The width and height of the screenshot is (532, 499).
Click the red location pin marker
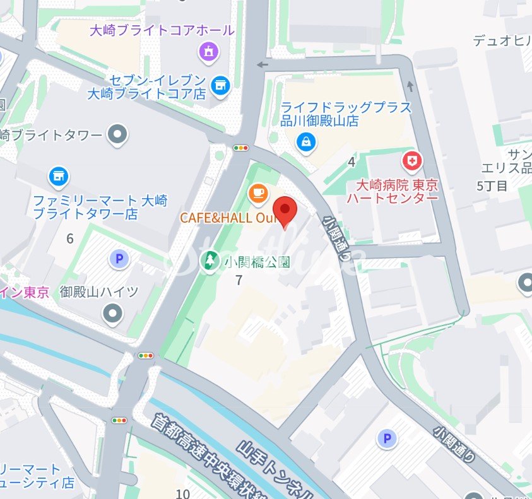coord(285,211)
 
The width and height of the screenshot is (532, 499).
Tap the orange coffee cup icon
coord(257,193)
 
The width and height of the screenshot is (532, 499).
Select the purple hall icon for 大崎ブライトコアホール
coord(208,50)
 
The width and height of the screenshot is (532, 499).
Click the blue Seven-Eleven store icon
coord(220,85)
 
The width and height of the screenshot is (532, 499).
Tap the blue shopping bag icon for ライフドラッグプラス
coord(306,142)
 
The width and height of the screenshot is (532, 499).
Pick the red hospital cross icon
coord(413,161)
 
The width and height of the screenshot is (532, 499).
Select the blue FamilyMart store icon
coord(59,176)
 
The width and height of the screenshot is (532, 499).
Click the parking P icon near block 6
coord(118,258)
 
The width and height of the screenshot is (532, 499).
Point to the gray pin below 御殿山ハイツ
coord(113,312)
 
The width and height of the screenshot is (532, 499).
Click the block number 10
coord(183,493)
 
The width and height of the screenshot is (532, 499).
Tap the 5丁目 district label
coord(492,185)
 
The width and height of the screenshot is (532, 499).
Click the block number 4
coord(352,162)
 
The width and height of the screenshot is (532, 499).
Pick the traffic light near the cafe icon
coord(241,148)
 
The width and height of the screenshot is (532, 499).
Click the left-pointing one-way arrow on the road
coord(263,64)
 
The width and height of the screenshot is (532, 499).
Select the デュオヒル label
coord(502,41)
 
